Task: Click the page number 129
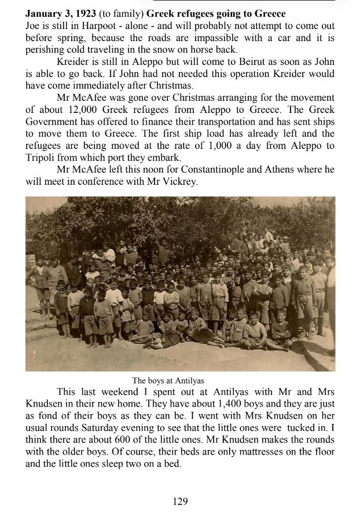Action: click(x=181, y=502)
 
